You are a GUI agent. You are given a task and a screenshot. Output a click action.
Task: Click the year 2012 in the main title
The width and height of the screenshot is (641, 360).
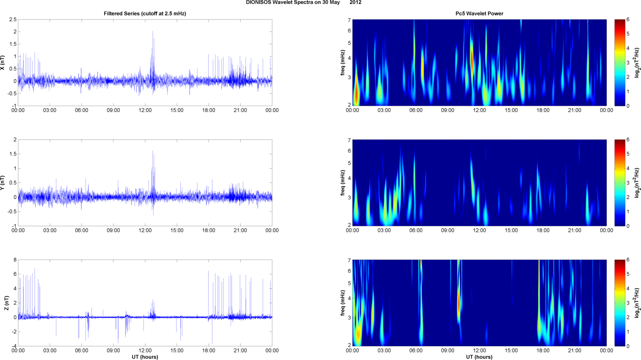point(355,3)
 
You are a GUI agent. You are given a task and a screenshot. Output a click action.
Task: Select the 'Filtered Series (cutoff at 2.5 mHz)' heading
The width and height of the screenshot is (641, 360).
point(145,13)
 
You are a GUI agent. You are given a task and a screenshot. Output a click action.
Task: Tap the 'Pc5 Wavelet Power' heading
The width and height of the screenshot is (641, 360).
point(479,13)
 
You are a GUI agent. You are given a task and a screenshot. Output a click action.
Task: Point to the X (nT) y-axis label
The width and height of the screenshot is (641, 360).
point(3,62)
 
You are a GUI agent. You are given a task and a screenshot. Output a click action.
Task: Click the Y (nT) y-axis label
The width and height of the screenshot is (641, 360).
point(3,183)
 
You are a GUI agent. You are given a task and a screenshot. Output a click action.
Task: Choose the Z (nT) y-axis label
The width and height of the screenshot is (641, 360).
point(6,303)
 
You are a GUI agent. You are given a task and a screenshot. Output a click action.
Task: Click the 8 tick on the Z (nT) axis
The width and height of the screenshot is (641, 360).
point(15,260)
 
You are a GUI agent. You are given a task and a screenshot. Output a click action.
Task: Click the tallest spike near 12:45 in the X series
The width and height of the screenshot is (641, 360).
point(153,32)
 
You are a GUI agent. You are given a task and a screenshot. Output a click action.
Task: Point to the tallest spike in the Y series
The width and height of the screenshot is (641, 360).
point(153,151)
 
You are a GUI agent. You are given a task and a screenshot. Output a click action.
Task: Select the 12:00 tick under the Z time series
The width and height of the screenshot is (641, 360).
point(145,350)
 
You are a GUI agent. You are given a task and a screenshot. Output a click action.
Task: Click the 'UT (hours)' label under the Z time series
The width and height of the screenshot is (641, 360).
point(145,357)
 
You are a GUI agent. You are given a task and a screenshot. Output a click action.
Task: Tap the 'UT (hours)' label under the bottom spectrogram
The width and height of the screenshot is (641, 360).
point(479,357)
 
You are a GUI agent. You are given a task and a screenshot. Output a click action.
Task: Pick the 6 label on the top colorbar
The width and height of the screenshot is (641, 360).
point(628,19)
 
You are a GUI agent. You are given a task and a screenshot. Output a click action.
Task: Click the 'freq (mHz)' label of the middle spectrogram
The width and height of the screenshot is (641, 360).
point(343,183)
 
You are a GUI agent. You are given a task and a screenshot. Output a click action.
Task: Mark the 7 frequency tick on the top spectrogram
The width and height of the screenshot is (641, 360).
point(349,20)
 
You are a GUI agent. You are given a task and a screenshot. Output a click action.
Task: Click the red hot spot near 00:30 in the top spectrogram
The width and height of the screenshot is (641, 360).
point(356,94)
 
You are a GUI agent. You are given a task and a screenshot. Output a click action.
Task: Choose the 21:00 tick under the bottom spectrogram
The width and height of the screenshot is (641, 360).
point(575,350)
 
